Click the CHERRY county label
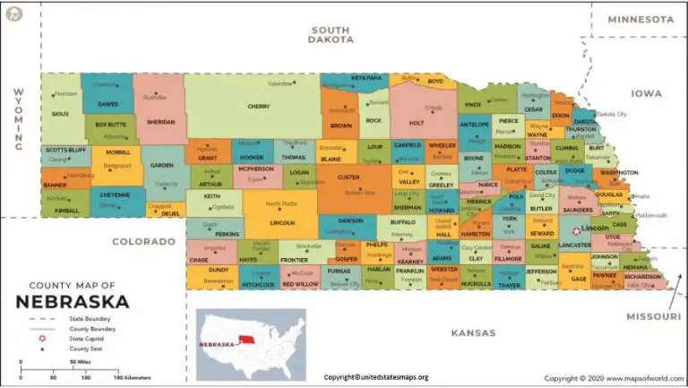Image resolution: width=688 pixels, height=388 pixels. coord(258,107)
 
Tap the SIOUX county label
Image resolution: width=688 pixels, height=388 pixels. coord(59,114)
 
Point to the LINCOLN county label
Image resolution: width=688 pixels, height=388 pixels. coord(281,222)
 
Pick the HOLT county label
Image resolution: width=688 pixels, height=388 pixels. coord(416,123)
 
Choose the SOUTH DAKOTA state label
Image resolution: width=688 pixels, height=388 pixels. coord(331,34)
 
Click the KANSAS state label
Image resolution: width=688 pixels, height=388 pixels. coord(472,332)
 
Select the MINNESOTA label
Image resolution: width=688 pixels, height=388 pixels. coord(640,19)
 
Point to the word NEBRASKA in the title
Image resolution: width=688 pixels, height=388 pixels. coord(72,301)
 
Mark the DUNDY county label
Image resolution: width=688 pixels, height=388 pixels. coord(219,269)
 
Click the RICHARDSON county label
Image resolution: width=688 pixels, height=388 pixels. coord(642,277)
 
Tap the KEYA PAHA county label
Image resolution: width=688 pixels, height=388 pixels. coord(366,78)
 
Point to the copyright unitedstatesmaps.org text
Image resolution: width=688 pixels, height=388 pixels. coord(376,377)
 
